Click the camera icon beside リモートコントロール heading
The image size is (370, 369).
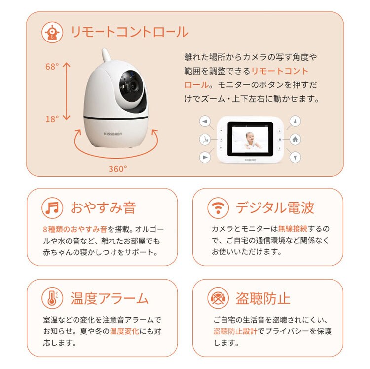click(52, 32)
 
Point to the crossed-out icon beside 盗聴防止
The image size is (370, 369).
click(218, 299)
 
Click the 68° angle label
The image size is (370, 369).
click(52, 67)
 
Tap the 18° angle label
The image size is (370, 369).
click(52, 118)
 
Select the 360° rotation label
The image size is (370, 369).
click(118, 168)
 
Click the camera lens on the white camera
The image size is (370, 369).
click(132, 85)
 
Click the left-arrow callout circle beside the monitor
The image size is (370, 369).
click(205, 121)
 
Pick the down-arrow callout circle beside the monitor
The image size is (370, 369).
click(295, 157)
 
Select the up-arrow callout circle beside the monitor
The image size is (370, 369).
click(295, 121)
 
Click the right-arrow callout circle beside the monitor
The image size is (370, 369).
click(205, 157)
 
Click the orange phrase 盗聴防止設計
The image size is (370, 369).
click(235, 331)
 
